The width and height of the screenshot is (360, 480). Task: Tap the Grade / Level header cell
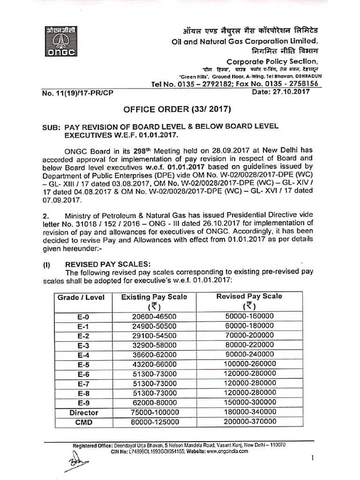pyautogui.click(x=81, y=297)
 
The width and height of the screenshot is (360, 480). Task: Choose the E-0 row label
pyautogui.click(x=82, y=317)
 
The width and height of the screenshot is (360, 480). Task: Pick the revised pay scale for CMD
pyautogui.click(x=249, y=422)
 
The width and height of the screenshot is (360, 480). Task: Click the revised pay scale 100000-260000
pyautogui.click(x=249, y=364)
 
